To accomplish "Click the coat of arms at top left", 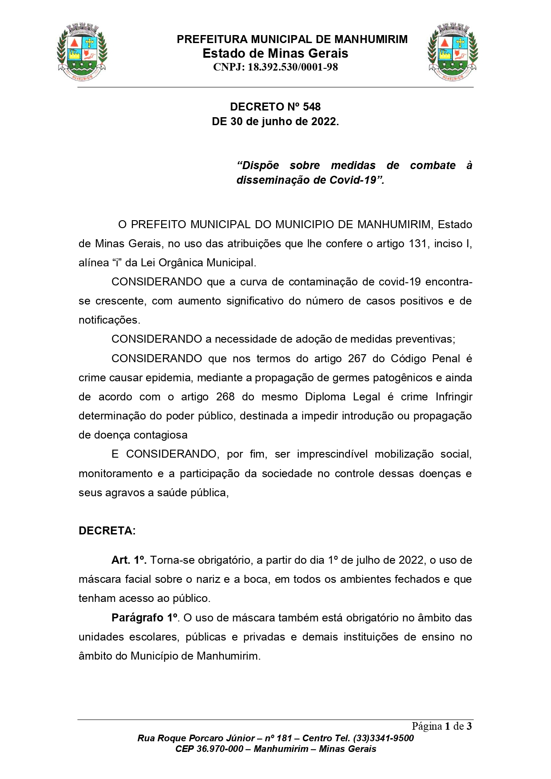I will pos(82,52).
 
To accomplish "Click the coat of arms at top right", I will pos(452,52).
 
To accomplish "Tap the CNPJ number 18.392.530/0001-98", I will pos(293,67).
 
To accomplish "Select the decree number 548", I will pos(312,107).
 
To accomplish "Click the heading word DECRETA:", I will pos(107,531).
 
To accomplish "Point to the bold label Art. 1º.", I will pos(129,560).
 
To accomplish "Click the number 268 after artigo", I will pos(225,397).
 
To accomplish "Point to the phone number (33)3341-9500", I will pos(383,738).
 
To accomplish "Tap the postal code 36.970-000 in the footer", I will pos(220,749).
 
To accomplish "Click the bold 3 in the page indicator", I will pos(469,727).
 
